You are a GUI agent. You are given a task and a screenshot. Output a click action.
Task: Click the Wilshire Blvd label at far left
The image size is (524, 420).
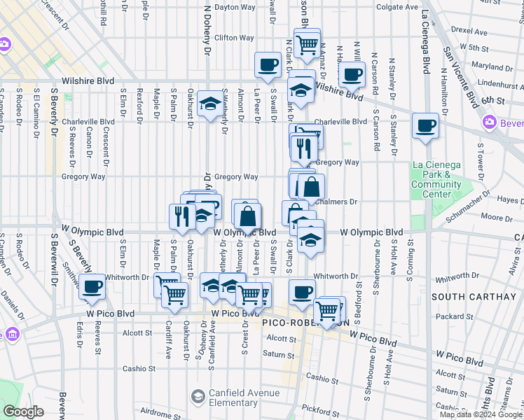point(88,81)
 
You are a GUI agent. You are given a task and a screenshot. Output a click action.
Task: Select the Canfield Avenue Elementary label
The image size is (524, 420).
point(233,398)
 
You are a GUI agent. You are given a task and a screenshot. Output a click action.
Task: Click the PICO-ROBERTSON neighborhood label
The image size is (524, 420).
point(305,323)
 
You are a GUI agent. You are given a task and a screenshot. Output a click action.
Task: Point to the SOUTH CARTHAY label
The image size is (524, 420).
point(474,297)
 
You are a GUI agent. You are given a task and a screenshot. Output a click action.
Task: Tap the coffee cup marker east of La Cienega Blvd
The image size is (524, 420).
point(425,127)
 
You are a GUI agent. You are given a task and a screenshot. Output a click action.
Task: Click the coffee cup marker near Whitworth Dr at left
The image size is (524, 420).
point(92,286)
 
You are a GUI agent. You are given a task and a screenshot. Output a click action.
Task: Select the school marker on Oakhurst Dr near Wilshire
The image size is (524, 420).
point(209,105)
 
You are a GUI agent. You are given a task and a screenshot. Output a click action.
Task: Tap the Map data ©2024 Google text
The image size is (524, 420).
point(481,414)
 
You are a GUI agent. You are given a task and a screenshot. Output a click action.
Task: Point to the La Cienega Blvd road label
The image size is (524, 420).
point(425,42)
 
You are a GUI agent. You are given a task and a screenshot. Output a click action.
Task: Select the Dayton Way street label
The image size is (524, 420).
point(233,8)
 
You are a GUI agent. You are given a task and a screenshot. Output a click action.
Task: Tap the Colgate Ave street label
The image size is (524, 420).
point(397,8)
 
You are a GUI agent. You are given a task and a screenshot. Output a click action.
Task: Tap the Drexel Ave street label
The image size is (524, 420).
point(469,32)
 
